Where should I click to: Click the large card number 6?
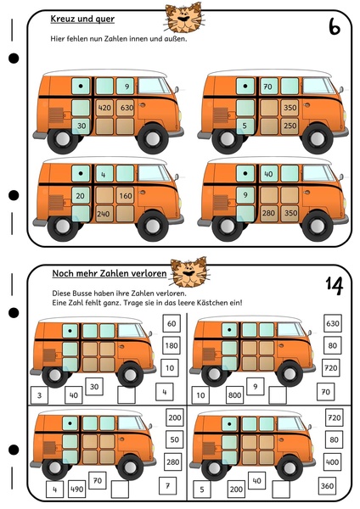[x=334, y=26]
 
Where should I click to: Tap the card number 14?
[x=335, y=285]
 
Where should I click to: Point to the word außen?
[x=177, y=39]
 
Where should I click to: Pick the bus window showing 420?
[x=104, y=108]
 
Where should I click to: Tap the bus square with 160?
[x=125, y=196]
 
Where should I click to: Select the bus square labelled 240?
[x=104, y=214]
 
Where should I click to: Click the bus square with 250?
[x=290, y=126]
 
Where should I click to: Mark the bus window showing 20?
[x=81, y=196]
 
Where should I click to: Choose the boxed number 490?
[x=77, y=489]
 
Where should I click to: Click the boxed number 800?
[x=234, y=395]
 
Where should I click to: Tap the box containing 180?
[x=172, y=345]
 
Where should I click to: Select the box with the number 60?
[x=172, y=323]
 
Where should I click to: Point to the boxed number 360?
[x=327, y=485]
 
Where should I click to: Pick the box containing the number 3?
[x=40, y=395]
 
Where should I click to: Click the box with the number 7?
[x=167, y=485]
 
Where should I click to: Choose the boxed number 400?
[x=332, y=462]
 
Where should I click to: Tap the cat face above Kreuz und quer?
[x=183, y=18]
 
